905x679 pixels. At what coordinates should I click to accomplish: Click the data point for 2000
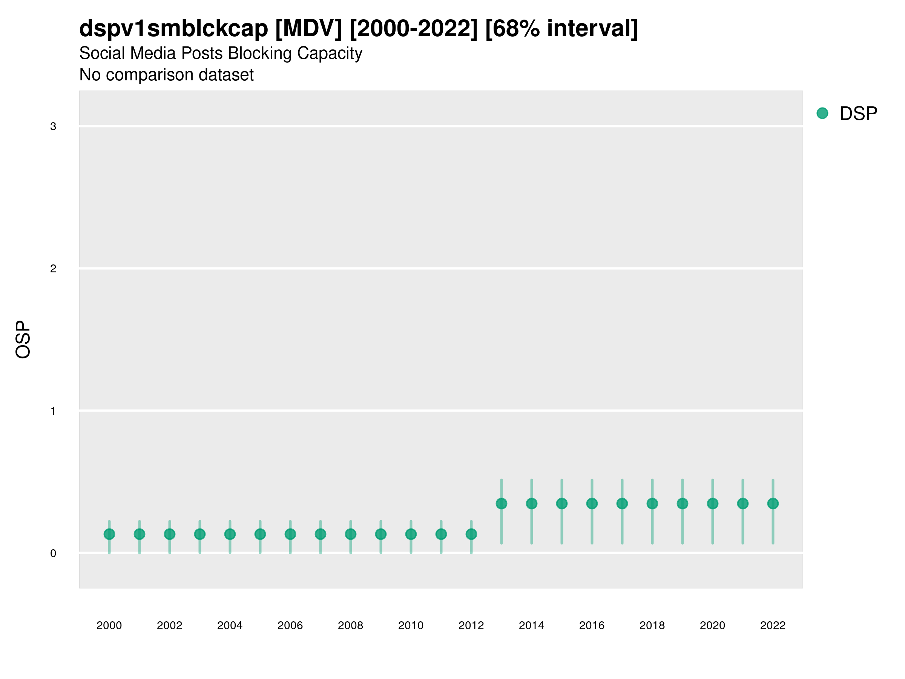[109, 534]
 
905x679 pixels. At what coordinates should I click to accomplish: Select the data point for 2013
[501, 504]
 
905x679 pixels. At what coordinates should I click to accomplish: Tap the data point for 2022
[773, 504]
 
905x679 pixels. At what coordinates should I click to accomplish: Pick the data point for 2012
[471, 534]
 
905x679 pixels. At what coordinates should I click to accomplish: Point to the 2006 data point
[290, 534]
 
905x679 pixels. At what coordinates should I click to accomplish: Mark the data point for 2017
[622, 504]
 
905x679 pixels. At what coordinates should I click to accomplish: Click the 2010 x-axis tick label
[411, 625]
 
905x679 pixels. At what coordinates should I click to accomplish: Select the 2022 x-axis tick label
[773, 625]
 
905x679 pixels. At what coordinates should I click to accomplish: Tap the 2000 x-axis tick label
[109, 625]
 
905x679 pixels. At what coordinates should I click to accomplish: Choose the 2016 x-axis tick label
[592, 625]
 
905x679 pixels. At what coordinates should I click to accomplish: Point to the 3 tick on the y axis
[53, 126]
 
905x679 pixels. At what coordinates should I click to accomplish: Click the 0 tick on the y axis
[53, 553]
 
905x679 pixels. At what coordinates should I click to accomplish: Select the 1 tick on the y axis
[53, 411]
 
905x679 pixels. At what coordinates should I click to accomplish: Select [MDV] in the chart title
[308, 29]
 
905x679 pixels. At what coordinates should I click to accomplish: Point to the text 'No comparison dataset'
[167, 75]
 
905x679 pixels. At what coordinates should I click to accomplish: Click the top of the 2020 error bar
[713, 480]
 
